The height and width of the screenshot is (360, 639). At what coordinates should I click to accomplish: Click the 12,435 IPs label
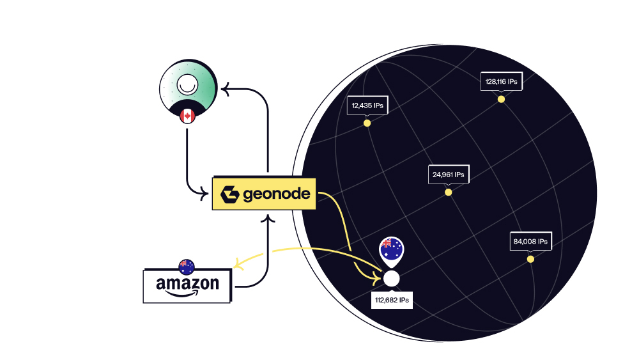click(367, 106)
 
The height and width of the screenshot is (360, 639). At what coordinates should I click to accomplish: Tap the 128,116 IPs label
click(501, 82)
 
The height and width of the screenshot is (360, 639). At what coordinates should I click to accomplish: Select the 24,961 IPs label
click(448, 174)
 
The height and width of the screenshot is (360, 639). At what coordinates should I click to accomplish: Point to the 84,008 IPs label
click(530, 242)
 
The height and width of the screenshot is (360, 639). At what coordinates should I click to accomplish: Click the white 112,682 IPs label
click(392, 299)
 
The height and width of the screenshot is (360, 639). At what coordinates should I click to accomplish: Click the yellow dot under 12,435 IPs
click(367, 123)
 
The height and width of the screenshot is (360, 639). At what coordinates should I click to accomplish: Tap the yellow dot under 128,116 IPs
click(501, 99)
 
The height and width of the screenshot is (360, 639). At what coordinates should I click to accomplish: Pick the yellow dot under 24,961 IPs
click(448, 192)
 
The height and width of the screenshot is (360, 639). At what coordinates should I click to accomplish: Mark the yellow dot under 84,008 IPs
click(530, 259)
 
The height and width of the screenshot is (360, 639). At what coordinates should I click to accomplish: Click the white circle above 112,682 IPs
click(391, 278)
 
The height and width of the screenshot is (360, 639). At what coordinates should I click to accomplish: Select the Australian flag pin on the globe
click(391, 250)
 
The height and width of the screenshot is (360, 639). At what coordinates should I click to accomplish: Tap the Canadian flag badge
click(187, 116)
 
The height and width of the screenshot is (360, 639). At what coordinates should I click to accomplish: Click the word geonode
click(277, 194)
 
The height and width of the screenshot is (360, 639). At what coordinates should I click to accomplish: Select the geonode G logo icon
click(229, 194)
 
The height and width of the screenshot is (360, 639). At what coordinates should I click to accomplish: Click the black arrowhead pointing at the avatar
click(225, 90)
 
